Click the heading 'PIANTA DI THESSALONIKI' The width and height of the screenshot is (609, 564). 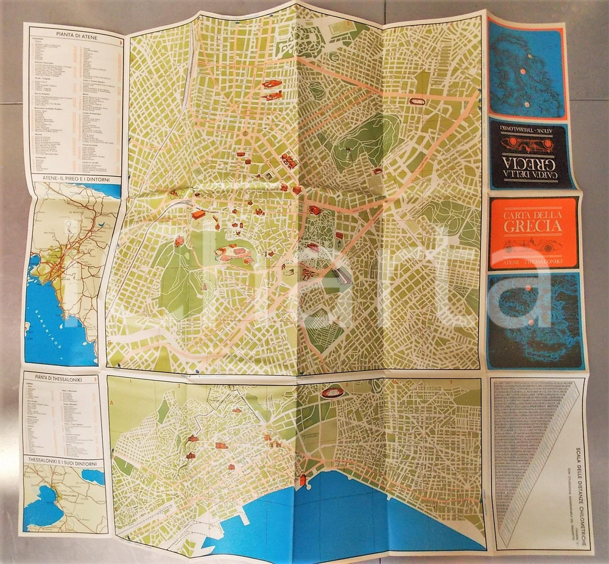coord(62,377)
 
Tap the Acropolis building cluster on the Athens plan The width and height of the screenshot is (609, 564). coord(230,252)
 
